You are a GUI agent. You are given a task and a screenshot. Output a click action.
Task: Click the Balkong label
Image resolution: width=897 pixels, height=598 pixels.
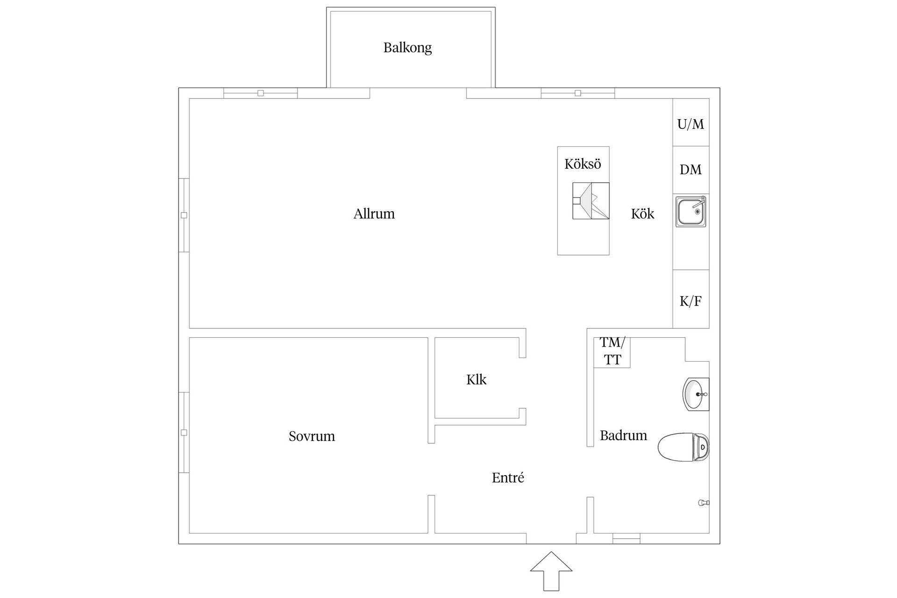pyautogui.click(x=407, y=48)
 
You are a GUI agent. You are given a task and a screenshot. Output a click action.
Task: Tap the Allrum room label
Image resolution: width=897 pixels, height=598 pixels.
pyautogui.click(x=374, y=214)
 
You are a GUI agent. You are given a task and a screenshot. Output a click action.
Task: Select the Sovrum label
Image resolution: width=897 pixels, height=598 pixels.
pyautogui.click(x=312, y=436)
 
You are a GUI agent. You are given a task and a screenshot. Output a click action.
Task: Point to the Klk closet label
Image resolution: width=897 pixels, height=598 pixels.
pyautogui.click(x=476, y=379)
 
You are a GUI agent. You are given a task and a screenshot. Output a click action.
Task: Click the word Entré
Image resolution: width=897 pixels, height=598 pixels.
pyautogui.click(x=508, y=477)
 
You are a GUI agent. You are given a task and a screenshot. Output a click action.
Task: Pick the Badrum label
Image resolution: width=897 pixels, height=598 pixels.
pyautogui.click(x=623, y=435)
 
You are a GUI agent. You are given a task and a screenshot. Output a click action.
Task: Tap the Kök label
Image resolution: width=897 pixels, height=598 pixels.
pyautogui.click(x=642, y=214)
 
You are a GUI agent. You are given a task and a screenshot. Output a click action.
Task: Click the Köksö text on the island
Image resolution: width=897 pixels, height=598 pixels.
pyautogui.click(x=583, y=164)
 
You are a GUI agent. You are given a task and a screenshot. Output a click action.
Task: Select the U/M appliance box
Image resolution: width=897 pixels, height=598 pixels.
pyautogui.click(x=691, y=122)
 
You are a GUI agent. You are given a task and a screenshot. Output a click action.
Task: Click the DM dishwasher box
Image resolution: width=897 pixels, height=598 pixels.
pyautogui.click(x=691, y=170)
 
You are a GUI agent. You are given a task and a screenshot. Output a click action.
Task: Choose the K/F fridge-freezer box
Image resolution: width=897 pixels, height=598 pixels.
pyautogui.click(x=691, y=299)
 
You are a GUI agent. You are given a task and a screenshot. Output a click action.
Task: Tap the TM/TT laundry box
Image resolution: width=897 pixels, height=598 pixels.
pyautogui.click(x=612, y=352)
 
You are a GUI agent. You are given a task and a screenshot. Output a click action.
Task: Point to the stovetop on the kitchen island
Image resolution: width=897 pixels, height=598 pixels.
pyautogui.click(x=591, y=201)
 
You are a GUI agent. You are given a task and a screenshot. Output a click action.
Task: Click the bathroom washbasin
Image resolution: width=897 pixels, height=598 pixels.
pyautogui.click(x=696, y=394)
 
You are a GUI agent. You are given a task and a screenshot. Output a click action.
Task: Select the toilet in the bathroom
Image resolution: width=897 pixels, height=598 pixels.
pyautogui.click(x=683, y=447)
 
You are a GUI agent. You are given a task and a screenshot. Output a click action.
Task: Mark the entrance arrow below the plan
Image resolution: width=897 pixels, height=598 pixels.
pyautogui.click(x=551, y=571)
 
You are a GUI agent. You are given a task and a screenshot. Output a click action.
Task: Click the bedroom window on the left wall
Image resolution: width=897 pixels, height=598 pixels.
pyautogui.click(x=184, y=433)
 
